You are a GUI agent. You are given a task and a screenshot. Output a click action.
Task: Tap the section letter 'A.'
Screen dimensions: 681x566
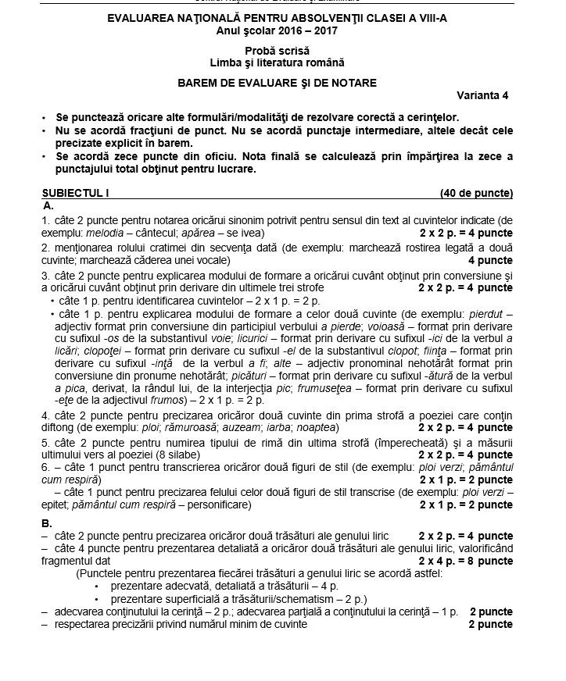48,205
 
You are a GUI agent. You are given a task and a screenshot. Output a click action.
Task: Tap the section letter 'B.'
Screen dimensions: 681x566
48,522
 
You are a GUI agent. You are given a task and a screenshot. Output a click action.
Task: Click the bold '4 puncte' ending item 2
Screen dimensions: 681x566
490,259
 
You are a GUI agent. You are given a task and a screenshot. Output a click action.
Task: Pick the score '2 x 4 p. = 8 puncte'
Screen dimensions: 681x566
465,560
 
